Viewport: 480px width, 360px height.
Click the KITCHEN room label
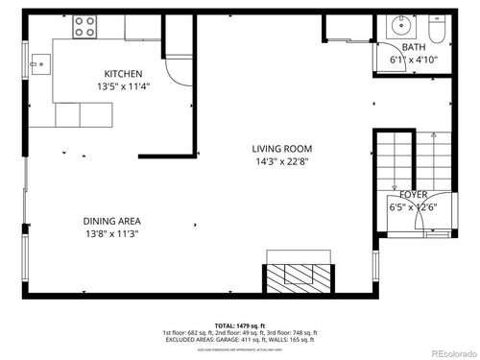[124, 74]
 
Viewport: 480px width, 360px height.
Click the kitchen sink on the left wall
[39, 66]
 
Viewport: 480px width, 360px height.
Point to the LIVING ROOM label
[282, 149]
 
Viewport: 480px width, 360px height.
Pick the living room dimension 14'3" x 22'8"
[282, 161]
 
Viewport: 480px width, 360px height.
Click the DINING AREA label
[111, 222]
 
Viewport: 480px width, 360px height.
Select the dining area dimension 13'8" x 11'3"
[111, 234]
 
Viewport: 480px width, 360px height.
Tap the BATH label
[414, 47]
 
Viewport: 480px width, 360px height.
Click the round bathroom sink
[398, 26]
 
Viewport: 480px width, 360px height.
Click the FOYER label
[414, 195]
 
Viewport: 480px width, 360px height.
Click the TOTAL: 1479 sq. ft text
[239, 325]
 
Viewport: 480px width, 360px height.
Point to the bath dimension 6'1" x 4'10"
[414, 60]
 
